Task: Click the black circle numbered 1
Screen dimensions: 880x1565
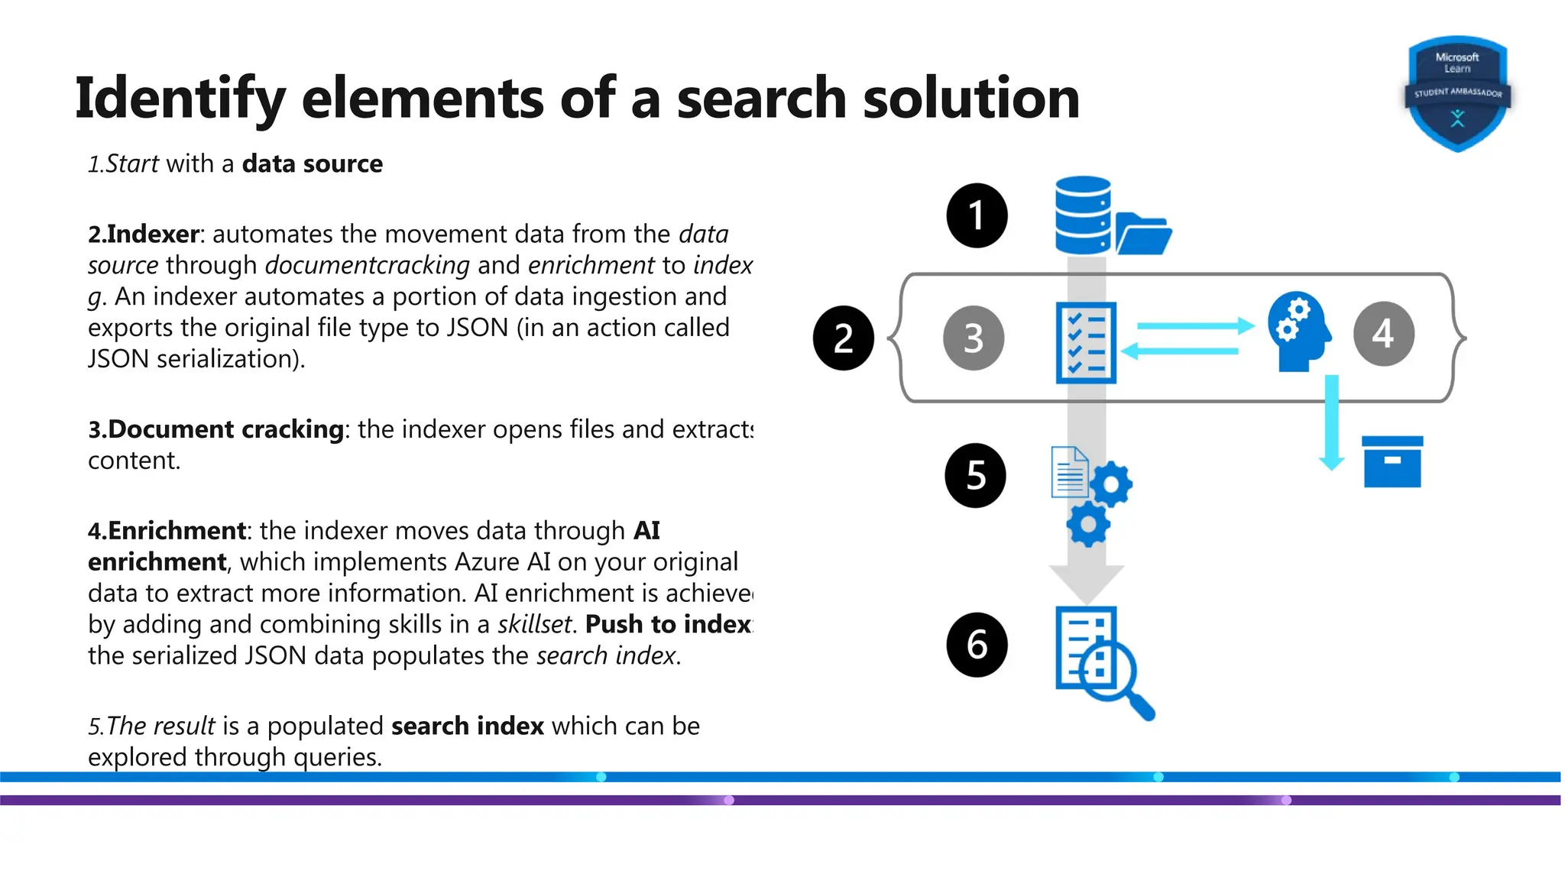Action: (977, 215)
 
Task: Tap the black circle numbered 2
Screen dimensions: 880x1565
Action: (844, 338)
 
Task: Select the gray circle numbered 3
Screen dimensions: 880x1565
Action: (974, 338)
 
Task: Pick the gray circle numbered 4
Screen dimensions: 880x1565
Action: (1383, 333)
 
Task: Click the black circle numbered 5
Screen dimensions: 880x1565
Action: (976, 475)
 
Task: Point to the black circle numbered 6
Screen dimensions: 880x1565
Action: (977, 645)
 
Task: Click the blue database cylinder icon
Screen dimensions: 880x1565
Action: (1082, 215)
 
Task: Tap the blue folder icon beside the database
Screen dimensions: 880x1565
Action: (1143, 235)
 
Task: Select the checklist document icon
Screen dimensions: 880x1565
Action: (1086, 342)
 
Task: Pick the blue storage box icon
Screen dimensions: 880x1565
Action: (1392, 461)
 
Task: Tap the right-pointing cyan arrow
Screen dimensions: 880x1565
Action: (1196, 326)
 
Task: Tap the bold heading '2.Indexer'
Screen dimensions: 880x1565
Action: (144, 234)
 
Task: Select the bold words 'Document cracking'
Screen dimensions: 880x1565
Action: (225, 429)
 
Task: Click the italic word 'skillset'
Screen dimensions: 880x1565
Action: (534, 624)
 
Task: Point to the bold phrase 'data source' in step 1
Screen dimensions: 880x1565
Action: (312, 163)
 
